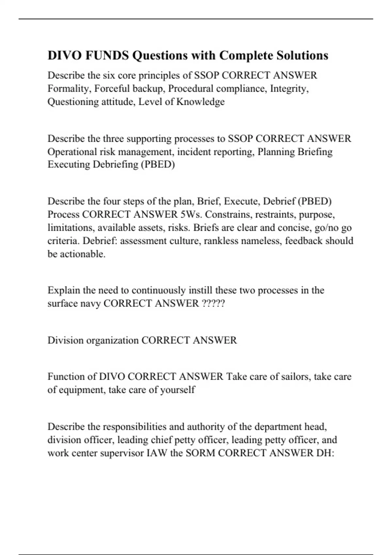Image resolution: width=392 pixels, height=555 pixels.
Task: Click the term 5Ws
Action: pos(191,214)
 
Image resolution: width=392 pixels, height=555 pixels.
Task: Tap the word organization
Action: pos(111,340)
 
